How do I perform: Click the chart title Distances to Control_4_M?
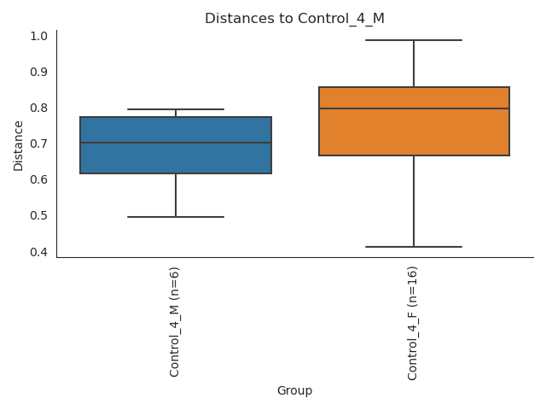pos(294,18)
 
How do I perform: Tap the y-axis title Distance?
pos(19,144)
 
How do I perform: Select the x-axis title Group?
pos(294,390)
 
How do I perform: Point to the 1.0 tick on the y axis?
pos(38,36)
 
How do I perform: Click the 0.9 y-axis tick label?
pos(38,72)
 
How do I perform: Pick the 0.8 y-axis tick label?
pos(38,108)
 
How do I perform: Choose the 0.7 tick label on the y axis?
pos(38,143)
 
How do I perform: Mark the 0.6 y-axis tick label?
pos(38,179)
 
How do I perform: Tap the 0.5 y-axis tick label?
pos(38,215)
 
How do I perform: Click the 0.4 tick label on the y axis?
pos(38,251)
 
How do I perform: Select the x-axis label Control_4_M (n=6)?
pos(175,321)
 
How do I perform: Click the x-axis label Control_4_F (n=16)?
pos(413,323)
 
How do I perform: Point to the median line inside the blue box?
pos(176,143)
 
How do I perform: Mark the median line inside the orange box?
pos(414,108)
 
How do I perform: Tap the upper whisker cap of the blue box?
pos(176,109)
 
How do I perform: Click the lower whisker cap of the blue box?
pos(176,217)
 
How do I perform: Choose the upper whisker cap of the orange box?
pos(414,40)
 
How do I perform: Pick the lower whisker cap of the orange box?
pos(414,247)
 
